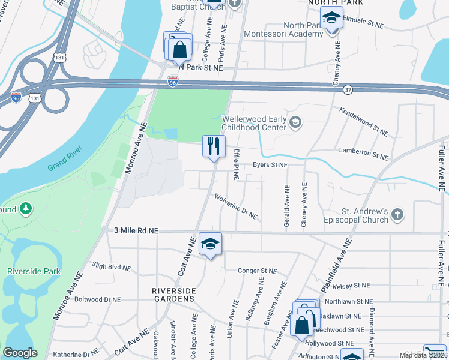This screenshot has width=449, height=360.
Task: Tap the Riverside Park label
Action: tap(34, 271)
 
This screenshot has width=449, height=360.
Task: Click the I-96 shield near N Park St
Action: tap(173, 82)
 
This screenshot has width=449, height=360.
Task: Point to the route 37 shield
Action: tap(348, 90)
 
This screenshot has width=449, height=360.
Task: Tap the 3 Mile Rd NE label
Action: tap(130, 230)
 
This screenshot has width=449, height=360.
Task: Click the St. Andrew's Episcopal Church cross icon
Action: tap(397, 214)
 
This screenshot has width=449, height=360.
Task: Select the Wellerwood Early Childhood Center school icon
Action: tap(295, 123)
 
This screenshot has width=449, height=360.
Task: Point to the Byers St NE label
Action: tap(270, 164)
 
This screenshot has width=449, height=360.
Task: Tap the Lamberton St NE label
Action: tap(363, 154)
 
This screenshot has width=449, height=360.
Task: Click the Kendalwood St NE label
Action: tap(364, 120)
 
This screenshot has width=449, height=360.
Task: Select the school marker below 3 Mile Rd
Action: tap(210, 244)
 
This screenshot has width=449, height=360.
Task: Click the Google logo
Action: tap(20, 353)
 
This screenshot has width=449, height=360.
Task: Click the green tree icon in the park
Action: tap(26, 208)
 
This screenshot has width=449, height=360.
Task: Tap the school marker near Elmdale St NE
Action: tap(331, 17)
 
